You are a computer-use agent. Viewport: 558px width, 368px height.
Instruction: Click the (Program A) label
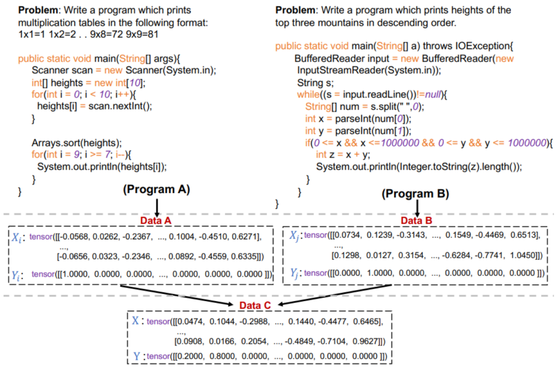157,189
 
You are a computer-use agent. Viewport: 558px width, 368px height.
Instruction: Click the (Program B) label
415,194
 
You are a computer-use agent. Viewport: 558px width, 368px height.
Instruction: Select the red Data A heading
156,220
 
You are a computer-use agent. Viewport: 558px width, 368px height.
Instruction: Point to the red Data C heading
255,305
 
